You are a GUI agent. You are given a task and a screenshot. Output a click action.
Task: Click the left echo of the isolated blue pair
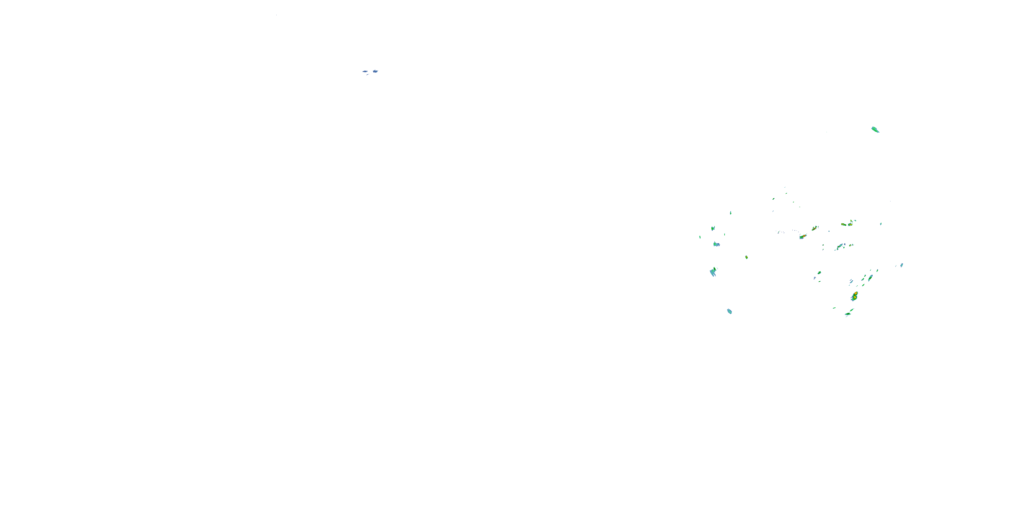[x=365, y=72]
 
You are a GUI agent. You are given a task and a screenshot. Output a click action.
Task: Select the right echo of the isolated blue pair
[x=375, y=71]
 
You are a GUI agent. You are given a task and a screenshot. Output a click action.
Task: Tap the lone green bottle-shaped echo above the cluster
[x=875, y=129]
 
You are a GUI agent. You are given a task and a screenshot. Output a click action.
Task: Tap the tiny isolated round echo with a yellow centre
[x=747, y=257]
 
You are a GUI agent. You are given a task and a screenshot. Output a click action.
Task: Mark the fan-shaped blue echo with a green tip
[x=713, y=272]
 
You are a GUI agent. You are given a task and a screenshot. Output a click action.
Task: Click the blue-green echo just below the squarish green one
[x=716, y=244]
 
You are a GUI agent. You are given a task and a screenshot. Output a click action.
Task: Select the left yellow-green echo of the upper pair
[x=843, y=224]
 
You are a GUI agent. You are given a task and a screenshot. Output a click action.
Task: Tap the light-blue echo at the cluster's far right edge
[x=902, y=265]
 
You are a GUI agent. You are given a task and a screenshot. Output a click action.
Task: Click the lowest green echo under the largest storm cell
[x=848, y=314]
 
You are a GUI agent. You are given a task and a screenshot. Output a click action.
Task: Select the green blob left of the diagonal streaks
[x=819, y=273]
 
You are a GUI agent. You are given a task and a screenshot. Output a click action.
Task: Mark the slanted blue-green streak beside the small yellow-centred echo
[x=840, y=247]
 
